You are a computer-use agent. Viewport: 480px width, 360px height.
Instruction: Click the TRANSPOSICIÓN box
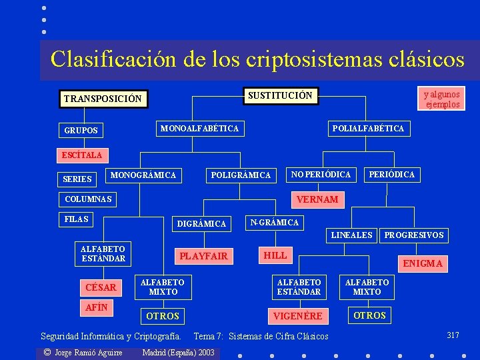[x=103, y=99]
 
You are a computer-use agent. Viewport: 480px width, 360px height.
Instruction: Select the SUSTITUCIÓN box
[x=279, y=95]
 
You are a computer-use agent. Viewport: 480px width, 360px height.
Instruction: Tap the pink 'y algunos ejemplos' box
[x=442, y=99]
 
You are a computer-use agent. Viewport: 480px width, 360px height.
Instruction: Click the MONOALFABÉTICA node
[x=199, y=127]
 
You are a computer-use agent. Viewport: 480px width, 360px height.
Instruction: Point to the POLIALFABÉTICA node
[x=368, y=128]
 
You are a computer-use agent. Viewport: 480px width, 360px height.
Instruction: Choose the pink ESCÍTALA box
[x=82, y=155]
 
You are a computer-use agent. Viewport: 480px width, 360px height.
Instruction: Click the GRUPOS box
[x=81, y=130]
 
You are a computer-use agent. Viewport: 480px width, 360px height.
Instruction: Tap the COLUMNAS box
[x=89, y=199]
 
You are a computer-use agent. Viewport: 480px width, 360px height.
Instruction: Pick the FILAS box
[x=77, y=219]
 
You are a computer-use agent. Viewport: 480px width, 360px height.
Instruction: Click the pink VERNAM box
[x=317, y=199]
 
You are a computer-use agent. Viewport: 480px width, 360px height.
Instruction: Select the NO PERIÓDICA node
[x=321, y=175]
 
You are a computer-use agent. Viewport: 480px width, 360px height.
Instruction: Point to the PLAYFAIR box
[x=203, y=256]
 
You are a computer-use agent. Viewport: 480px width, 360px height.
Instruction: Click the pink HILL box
[x=275, y=255]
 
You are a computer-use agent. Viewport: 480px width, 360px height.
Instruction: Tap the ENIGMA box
[x=423, y=263]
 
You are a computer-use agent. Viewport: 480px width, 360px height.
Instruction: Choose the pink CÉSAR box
[x=101, y=287]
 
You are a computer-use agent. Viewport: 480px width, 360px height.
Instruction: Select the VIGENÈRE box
[x=298, y=316]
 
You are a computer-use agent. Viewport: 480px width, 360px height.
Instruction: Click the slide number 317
[x=453, y=335]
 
